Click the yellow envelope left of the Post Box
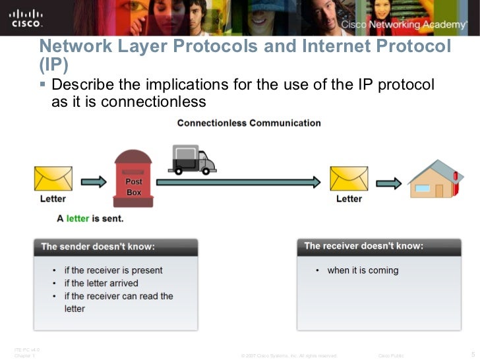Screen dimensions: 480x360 [x=53, y=178]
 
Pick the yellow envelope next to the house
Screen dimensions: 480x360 [x=349, y=178]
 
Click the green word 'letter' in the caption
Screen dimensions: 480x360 [x=77, y=218]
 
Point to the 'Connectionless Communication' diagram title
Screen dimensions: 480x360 [x=249, y=123]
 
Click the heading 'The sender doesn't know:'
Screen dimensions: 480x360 [x=98, y=247]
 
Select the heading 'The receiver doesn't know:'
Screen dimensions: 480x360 [x=364, y=246]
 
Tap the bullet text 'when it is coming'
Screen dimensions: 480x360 [x=363, y=270]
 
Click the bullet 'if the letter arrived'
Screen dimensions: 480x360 [x=101, y=283]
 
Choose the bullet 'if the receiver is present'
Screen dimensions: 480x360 [x=113, y=270]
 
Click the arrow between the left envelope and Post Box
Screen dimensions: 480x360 [x=94, y=181]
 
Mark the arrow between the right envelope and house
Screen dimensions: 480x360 [x=390, y=181]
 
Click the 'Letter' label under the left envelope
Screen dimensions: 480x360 [x=53, y=198]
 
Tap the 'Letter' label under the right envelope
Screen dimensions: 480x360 [x=349, y=198]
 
